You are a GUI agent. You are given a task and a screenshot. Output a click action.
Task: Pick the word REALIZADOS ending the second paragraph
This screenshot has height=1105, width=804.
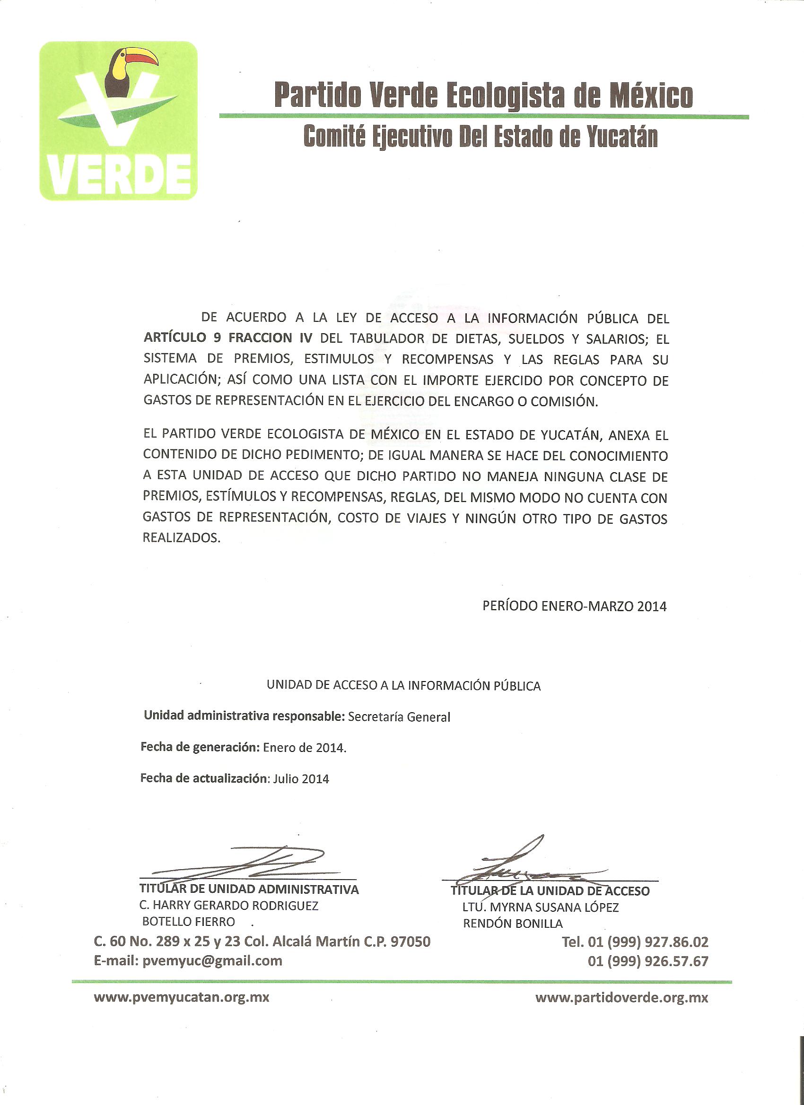(181, 538)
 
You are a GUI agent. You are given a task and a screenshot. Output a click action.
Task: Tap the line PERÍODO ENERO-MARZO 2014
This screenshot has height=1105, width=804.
(574, 606)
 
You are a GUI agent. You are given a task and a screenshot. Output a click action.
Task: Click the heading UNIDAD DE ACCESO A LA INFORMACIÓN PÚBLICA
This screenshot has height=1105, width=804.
(403, 685)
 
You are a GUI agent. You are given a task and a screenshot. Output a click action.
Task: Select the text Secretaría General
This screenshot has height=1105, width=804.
(399, 717)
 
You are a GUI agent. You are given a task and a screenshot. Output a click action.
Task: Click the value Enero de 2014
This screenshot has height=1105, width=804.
(304, 747)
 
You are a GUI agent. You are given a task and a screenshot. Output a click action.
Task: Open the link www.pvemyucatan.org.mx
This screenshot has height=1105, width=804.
(182, 997)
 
